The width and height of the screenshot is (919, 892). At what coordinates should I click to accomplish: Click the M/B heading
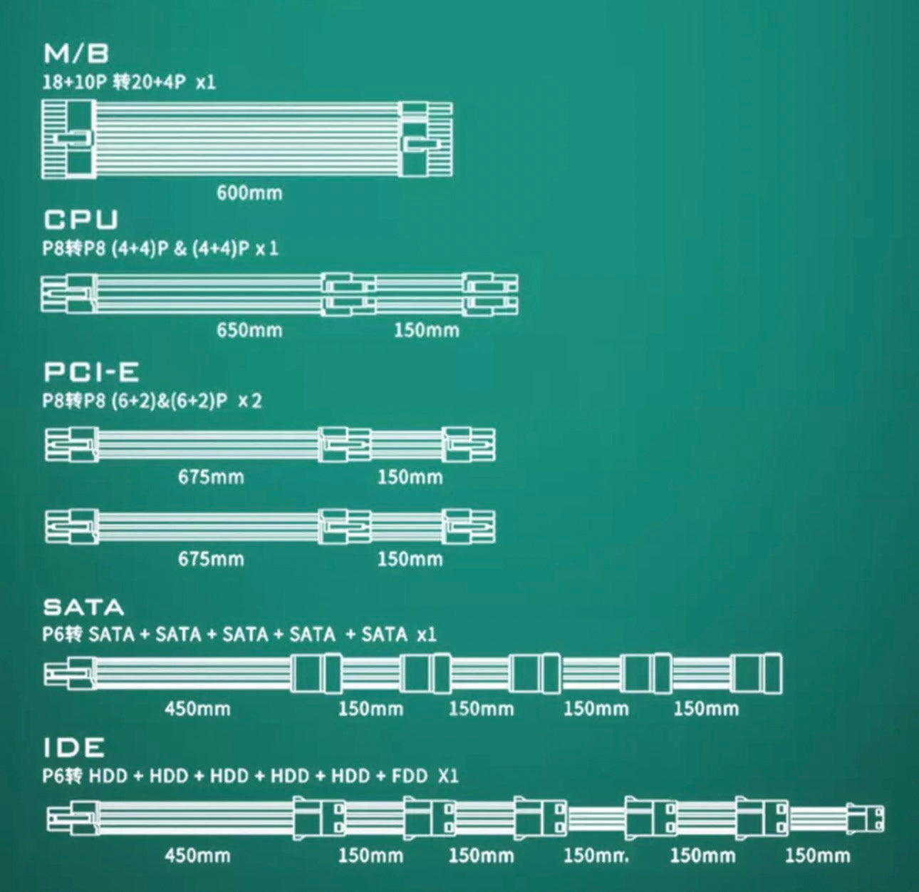[76, 54]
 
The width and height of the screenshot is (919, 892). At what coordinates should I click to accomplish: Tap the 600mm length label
[249, 193]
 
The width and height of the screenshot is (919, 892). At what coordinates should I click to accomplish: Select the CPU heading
[81, 220]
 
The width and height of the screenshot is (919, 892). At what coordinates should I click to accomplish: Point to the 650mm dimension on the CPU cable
[249, 330]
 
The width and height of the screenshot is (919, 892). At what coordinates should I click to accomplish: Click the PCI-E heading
[91, 372]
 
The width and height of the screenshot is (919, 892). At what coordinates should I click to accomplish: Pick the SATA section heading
[83, 608]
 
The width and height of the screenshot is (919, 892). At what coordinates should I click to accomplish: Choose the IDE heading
[74, 748]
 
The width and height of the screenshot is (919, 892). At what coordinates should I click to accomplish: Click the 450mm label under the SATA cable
[197, 709]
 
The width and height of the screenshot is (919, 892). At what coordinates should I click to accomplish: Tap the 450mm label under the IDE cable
[197, 855]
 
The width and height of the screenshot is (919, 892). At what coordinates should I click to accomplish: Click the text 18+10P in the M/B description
[74, 82]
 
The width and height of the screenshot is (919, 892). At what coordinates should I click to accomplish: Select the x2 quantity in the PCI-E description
[250, 401]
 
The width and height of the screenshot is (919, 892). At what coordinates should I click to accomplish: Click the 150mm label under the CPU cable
[426, 330]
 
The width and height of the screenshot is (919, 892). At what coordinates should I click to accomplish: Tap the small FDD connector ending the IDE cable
[866, 818]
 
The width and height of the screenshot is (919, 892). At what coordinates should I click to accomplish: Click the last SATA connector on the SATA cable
[757, 672]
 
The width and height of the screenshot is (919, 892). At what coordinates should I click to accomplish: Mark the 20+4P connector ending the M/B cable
[426, 138]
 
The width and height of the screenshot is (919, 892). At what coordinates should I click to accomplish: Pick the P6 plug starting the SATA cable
[68, 673]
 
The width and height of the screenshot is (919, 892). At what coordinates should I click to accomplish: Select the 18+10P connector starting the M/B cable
[68, 138]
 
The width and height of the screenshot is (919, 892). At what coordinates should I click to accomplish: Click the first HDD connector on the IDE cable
[319, 818]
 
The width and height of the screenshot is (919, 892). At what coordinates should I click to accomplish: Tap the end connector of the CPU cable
[491, 294]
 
